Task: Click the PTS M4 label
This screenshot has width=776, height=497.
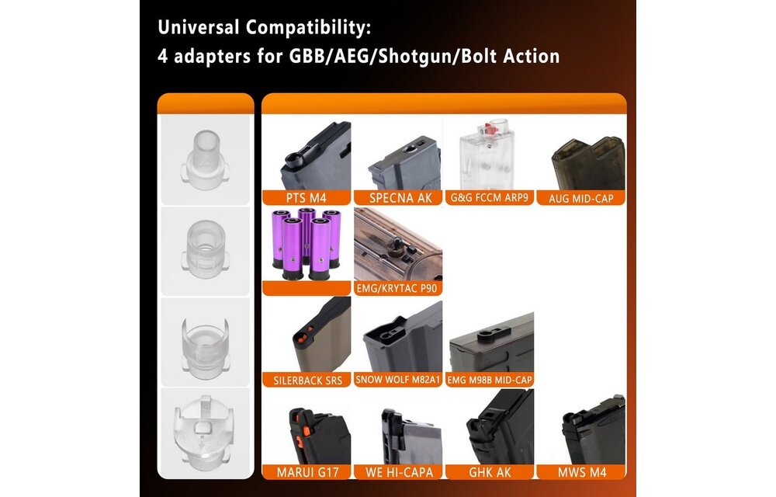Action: point(307,198)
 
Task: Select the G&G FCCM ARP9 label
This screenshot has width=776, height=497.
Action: point(490,198)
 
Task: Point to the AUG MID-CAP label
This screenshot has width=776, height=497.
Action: point(581,198)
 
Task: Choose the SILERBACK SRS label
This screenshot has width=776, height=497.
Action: point(307,381)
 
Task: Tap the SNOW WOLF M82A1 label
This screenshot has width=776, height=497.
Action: point(397,381)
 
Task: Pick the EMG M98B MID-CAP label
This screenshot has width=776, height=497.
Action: point(490,381)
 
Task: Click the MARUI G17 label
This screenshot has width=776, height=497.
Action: point(307,472)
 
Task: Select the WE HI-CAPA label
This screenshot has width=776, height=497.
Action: point(397,472)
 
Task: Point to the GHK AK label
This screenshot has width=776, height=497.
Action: point(490,472)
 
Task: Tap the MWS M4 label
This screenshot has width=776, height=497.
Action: point(581,472)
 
